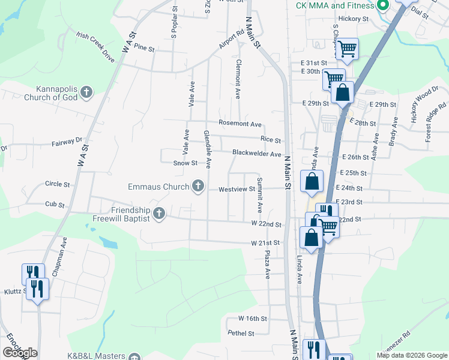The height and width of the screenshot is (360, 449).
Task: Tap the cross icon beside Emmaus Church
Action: pyautogui.click(x=198, y=187)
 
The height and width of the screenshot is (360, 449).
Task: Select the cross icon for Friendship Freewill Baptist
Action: pyautogui.click(x=159, y=214)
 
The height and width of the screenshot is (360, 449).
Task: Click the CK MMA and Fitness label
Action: pyautogui.click(x=335, y=6)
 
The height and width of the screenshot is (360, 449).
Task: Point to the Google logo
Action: pyautogui.click(x=20, y=353)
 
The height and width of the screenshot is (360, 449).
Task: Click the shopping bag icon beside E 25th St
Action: pyautogui.click(x=312, y=182)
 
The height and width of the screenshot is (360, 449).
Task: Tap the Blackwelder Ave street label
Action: pyautogui.click(x=257, y=154)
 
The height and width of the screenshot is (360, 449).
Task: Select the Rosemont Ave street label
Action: pyautogui.click(x=240, y=124)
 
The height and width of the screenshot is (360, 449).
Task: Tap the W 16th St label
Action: pyautogui.click(x=252, y=318)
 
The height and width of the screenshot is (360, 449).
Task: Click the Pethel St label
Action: pyautogui.click(x=240, y=333)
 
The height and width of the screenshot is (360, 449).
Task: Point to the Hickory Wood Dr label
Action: pyautogui.click(x=424, y=105)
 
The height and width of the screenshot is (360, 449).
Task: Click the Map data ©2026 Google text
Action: pyautogui.click(x=411, y=355)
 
